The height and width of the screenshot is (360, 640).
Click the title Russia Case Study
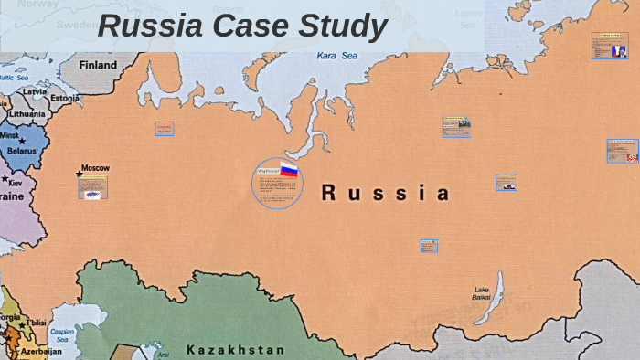(242, 26)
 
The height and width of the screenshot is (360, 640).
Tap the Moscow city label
(95, 168)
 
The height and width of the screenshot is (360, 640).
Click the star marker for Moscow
(80, 173)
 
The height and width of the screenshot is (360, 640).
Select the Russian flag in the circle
(289, 169)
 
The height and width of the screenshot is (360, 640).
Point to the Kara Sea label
(336, 56)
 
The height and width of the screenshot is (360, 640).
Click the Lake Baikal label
(481, 292)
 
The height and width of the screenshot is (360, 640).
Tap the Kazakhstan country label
(235, 349)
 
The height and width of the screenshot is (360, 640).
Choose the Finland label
(98, 66)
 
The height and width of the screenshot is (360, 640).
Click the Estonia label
(65, 98)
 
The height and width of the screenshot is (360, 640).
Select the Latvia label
(35, 91)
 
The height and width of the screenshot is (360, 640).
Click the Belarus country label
(21, 151)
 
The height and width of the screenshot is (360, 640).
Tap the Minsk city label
(9, 135)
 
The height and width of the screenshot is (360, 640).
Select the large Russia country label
(386, 193)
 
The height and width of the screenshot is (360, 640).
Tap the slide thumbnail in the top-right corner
(610, 46)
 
